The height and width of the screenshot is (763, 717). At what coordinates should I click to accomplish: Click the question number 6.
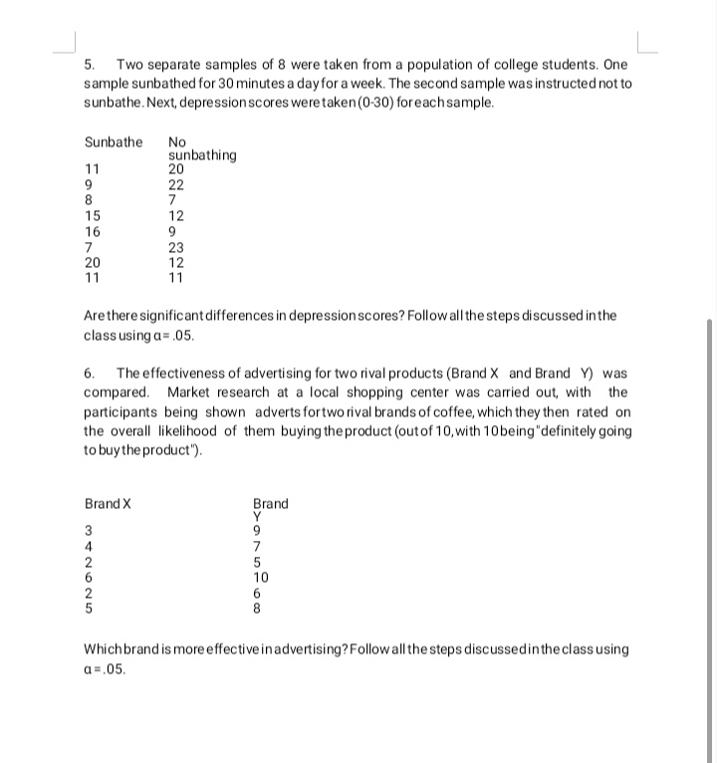(x=89, y=374)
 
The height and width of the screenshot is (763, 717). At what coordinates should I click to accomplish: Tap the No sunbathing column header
(x=202, y=148)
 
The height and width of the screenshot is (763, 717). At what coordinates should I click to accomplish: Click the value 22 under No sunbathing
(x=177, y=185)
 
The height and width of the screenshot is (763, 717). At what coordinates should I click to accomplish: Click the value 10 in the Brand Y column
(x=262, y=576)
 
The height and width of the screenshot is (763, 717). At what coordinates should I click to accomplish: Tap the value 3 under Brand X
(x=89, y=530)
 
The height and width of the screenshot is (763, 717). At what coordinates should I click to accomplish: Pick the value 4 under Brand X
(x=89, y=546)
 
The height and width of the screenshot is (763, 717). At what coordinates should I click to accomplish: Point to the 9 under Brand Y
(x=258, y=530)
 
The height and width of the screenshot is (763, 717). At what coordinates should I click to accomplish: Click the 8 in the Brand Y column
(x=258, y=607)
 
